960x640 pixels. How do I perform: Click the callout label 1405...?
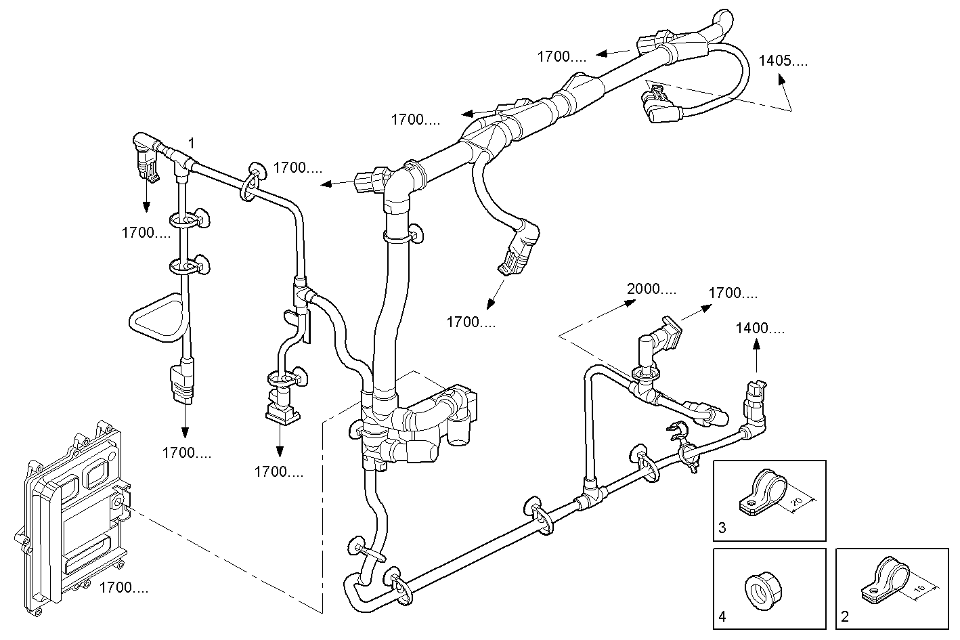pos(783,60)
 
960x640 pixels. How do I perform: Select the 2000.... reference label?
pos(651,289)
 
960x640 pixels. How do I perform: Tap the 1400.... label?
pos(760,328)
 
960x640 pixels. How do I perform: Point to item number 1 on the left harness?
pos(191,143)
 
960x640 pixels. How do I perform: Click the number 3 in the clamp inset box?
pos(722,528)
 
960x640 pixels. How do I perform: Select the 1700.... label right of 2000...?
pos(733,293)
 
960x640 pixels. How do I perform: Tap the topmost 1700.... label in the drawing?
pos(562,57)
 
